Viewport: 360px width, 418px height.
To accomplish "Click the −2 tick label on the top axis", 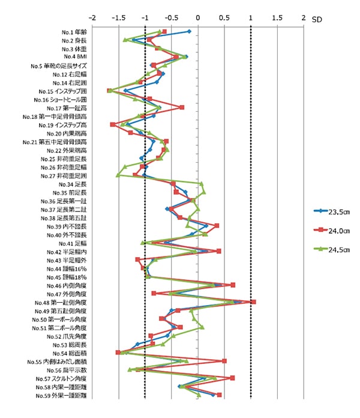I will point(92,18).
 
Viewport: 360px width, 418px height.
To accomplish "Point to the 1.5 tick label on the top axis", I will point(277,18).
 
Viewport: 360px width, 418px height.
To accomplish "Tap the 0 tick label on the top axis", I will point(198,18).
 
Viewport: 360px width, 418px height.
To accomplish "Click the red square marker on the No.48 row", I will point(253,301).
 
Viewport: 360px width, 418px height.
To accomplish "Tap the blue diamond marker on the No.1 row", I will point(189,31).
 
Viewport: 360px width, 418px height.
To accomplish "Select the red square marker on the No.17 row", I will point(182,108).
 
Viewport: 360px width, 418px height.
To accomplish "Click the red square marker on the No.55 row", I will point(224,361).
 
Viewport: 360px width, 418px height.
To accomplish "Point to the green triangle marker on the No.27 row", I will point(118,175).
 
